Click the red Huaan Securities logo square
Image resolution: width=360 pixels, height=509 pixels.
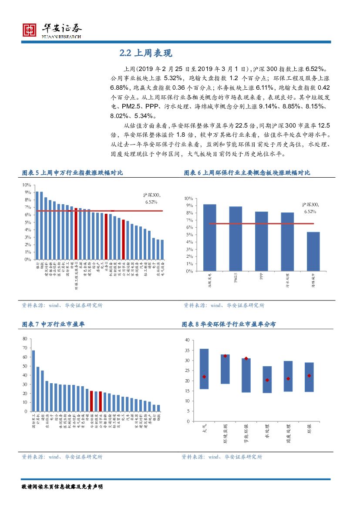pos(30,30)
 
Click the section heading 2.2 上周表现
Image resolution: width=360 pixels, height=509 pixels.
pos(146,53)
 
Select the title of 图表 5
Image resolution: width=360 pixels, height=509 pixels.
pos(72,173)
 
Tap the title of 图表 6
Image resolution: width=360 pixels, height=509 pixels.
pos(247,173)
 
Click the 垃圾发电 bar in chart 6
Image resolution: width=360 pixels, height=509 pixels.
pos(209,237)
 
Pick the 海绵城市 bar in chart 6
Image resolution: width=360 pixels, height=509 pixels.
pos(313,251)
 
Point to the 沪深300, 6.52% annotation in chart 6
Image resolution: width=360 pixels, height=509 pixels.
pos(311,208)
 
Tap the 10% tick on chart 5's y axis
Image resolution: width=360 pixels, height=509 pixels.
pos(27,185)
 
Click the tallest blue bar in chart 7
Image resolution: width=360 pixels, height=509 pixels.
pos(34,381)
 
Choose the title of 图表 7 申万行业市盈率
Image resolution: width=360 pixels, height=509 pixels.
pos(54,324)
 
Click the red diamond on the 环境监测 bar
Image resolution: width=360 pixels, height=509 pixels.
pos(225,356)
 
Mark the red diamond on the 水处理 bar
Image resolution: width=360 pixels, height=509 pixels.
pos(267,380)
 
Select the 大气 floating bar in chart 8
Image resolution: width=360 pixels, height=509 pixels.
pos(204,369)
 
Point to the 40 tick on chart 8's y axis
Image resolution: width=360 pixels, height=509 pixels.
pos(187,340)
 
